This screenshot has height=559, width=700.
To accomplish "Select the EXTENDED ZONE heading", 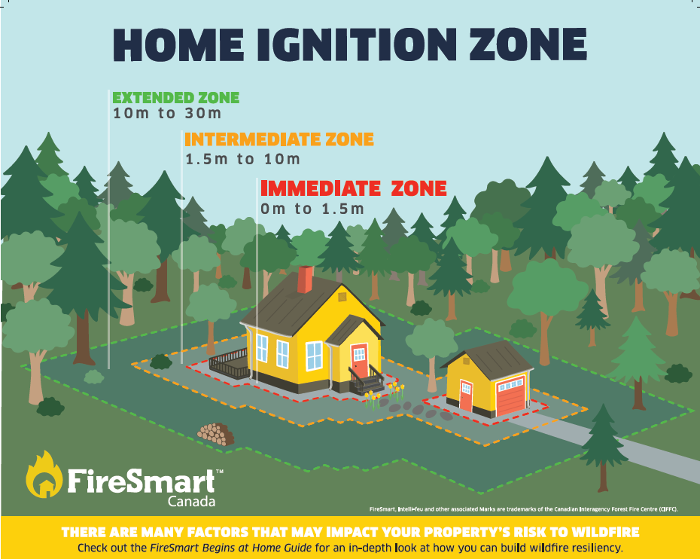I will (x=175, y=97).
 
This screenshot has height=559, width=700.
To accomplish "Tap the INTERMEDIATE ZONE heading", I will (x=278, y=140).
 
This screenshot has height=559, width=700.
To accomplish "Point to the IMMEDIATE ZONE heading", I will (x=353, y=188).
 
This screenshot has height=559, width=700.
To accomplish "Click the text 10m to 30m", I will (x=166, y=115).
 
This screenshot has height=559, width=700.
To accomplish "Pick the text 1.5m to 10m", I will (x=242, y=160).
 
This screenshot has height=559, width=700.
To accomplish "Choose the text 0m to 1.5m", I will (x=312, y=209).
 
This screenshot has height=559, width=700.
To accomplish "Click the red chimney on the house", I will (x=305, y=279).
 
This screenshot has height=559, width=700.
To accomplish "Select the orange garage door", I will (x=510, y=398).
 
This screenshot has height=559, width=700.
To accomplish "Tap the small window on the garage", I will (x=466, y=389).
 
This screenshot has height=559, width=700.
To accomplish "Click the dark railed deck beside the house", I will (x=229, y=365).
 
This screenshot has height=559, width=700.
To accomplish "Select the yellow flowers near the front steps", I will (x=395, y=391).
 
